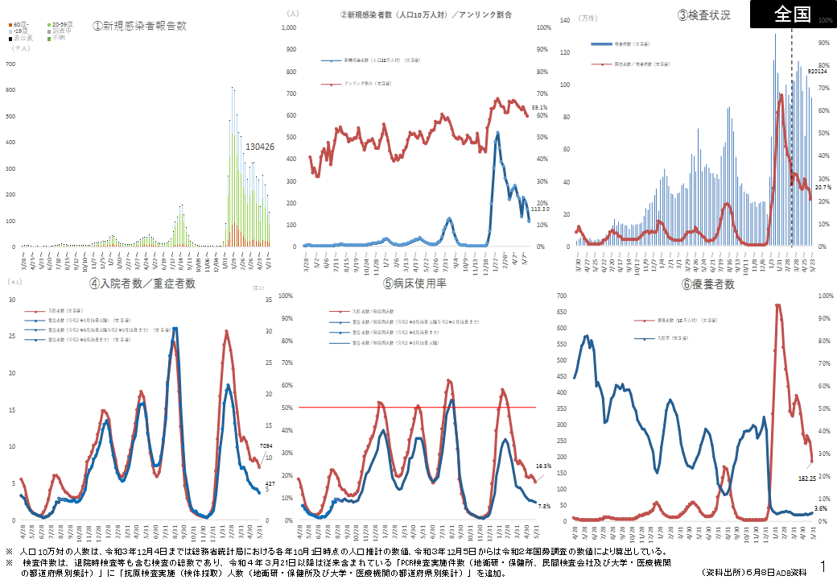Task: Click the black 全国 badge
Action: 793,14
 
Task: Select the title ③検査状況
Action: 704,14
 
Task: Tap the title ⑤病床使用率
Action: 415,284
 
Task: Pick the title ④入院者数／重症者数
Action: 142,283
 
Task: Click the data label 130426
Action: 260,147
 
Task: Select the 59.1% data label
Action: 539,107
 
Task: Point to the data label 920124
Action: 817,72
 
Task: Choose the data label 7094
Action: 268,445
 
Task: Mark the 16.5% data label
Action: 543,466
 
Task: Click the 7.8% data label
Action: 543,507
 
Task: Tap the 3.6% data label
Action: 821,508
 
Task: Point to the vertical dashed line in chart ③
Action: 791,161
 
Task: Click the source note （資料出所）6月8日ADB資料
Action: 753,571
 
